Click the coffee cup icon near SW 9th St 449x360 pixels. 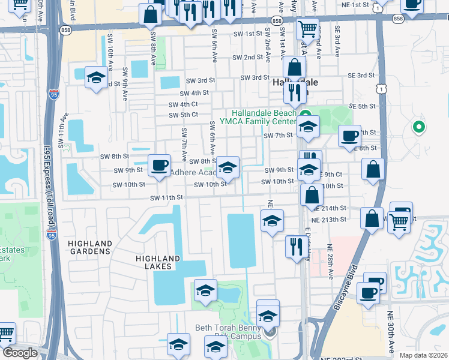click(159, 165)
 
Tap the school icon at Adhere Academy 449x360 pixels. click(228, 167)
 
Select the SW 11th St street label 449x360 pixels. click(166, 197)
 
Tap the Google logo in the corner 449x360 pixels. click(20, 353)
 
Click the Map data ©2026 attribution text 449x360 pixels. click(423, 355)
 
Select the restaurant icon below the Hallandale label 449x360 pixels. click(294, 91)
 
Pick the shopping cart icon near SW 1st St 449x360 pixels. click(307, 28)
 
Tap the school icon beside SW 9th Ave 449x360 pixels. click(96, 77)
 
